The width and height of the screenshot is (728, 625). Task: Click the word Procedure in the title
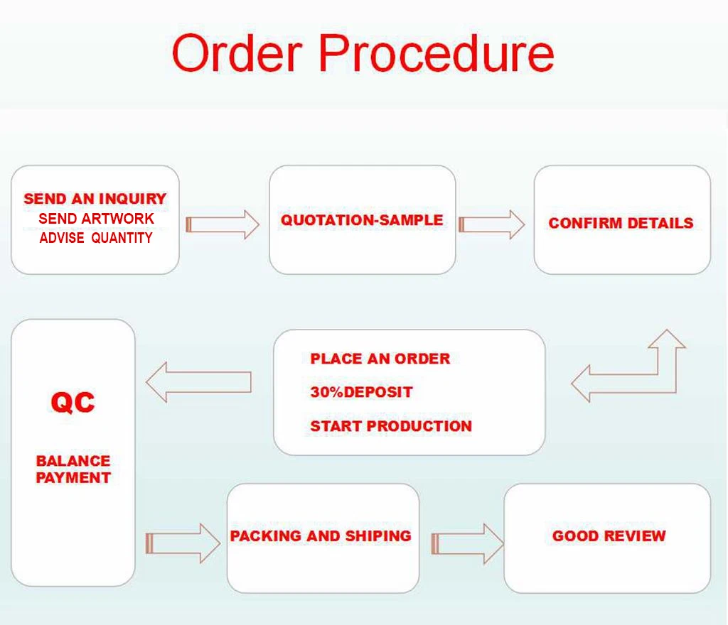(435, 53)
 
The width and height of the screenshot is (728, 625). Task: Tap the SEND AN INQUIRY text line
(95, 199)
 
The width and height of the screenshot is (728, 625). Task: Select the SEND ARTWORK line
(96, 219)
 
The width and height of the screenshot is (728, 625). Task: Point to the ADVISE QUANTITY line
(96, 238)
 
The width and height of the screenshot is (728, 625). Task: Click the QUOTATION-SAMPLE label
(362, 220)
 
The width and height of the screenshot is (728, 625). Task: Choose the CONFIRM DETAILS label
(621, 223)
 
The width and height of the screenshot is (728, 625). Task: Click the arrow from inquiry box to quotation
(223, 224)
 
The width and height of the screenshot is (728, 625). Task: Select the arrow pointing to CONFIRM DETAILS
(492, 224)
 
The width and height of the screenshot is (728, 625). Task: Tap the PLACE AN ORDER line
(380, 359)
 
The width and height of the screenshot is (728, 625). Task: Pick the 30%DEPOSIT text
(361, 392)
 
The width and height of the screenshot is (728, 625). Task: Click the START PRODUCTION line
(391, 426)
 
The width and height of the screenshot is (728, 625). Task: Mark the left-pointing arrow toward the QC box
(198, 382)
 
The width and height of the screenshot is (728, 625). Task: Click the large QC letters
(73, 403)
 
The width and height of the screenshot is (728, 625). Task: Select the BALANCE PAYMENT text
(73, 469)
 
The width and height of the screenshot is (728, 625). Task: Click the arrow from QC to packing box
(183, 543)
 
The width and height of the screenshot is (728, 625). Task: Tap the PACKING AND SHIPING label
(321, 536)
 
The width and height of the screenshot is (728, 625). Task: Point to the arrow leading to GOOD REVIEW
(467, 544)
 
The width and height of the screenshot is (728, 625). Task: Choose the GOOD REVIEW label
(609, 536)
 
